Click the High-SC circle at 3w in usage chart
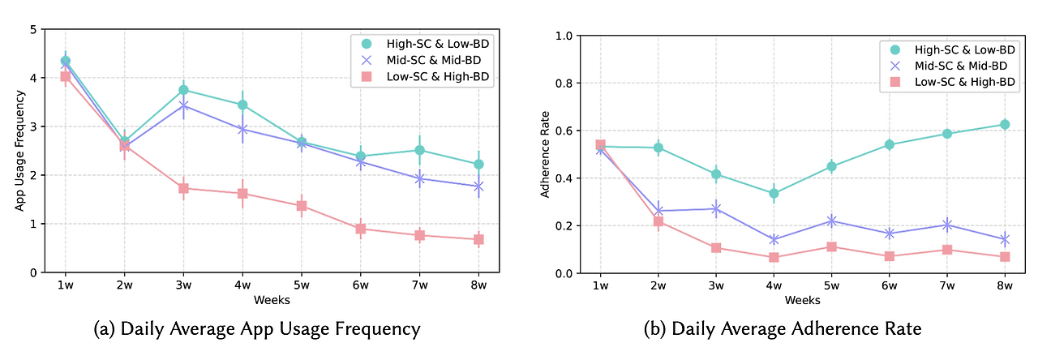tap(183, 90)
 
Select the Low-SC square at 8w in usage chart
tap(478, 239)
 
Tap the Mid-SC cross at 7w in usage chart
tap(419, 178)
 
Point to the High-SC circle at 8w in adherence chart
tap(1004, 125)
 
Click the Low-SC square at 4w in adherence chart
tap(774, 257)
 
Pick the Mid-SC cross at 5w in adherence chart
tap(831, 221)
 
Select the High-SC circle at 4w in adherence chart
tap(774, 194)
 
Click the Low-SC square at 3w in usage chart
tap(183, 188)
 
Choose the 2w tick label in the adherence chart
tap(658, 286)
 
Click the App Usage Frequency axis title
tap(19, 151)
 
